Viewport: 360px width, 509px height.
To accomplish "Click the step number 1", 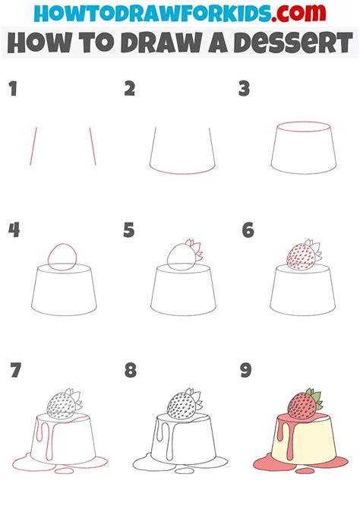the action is tap(13, 89).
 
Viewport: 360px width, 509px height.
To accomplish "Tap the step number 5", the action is tap(129, 230).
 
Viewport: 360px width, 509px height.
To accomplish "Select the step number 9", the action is tap(246, 370).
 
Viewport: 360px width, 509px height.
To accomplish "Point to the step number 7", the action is tap(16, 370).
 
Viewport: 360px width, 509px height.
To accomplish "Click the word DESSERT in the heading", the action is tap(293, 43).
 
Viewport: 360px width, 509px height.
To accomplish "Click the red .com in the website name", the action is tap(299, 13).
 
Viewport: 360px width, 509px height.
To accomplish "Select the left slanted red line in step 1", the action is tap(33, 146).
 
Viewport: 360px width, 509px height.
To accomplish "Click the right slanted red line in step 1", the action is tap(93, 146).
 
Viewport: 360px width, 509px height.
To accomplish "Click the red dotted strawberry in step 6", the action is tap(301, 258).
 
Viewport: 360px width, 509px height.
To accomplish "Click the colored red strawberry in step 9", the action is tap(302, 406).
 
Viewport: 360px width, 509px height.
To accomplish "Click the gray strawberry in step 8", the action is tap(182, 407).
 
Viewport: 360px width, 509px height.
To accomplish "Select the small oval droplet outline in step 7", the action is tap(65, 470).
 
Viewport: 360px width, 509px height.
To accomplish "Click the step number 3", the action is tap(244, 89).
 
